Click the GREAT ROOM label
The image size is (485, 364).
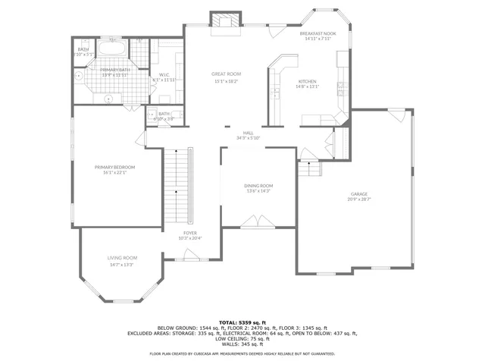point(226,74)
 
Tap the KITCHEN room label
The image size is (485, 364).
point(307,81)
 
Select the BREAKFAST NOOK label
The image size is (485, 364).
point(318,34)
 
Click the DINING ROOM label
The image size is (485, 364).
point(258,186)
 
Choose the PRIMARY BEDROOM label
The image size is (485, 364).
point(114,167)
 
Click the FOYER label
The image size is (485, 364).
point(190,233)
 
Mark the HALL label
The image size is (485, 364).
point(248,133)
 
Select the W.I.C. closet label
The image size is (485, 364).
point(163,74)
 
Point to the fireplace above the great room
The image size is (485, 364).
point(224,21)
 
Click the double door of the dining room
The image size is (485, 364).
point(258,221)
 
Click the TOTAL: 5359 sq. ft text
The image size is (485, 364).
point(242,322)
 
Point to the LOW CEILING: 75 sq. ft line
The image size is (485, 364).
point(242,339)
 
